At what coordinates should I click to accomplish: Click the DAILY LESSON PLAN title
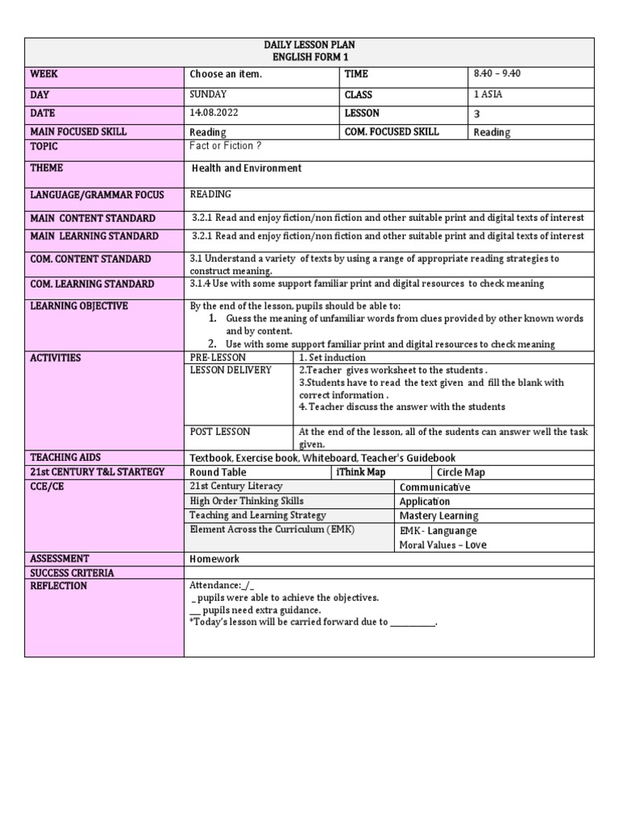(x=309, y=45)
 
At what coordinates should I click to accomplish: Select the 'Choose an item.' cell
(x=226, y=74)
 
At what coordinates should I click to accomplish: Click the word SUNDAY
(x=208, y=94)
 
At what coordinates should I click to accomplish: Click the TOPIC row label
(x=44, y=147)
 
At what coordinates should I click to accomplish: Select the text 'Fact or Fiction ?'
(x=226, y=146)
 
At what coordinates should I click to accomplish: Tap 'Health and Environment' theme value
(x=247, y=168)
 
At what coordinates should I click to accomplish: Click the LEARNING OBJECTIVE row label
(x=79, y=307)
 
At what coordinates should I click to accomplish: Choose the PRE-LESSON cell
(x=218, y=358)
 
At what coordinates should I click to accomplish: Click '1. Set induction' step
(x=332, y=358)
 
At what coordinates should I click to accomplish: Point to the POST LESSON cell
(x=220, y=432)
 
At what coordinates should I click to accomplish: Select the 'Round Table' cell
(x=218, y=472)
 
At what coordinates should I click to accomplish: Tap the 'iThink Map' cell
(x=360, y=472)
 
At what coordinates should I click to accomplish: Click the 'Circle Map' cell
(x=461, y=473)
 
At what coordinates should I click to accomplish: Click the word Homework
(x=214, y=559)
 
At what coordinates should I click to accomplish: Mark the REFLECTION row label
(x=58, y=586)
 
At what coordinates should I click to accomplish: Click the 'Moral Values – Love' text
(x=442, y=545)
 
